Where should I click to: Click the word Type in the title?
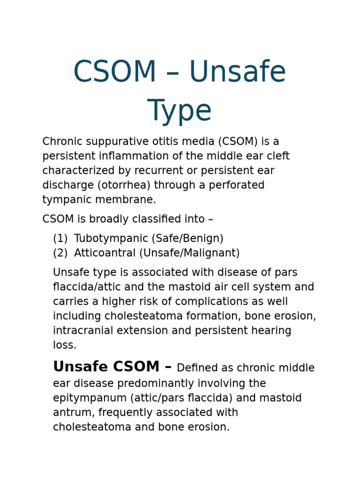(180, 111)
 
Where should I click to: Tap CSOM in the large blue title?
(115, 71)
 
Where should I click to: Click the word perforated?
(236, 185)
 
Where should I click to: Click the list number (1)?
(60, 238)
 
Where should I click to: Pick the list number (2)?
(60, 253)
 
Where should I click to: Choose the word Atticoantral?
(105, 253)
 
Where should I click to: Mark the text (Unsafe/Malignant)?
(189, 253)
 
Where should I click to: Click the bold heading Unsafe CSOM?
(106, 367)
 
